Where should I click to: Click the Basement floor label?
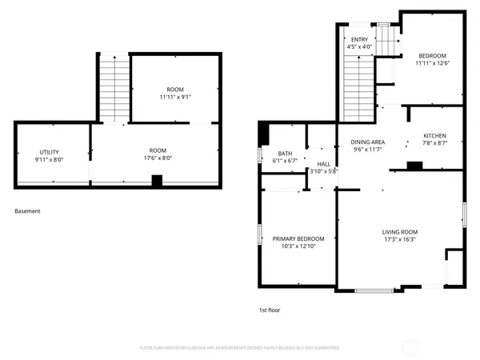27,211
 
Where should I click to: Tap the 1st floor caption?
269,310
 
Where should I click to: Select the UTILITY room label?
50,152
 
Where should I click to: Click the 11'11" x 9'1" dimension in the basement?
174,97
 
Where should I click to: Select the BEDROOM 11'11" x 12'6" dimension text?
432,64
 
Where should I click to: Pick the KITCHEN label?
434,135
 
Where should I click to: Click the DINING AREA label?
368,142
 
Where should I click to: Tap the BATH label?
285,153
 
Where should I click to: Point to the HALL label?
324,163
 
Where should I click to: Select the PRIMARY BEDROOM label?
298,238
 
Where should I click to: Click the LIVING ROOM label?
399,231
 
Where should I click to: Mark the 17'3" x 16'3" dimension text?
399,238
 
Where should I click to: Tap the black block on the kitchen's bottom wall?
414,166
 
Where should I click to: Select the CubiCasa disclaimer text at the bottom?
239,348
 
